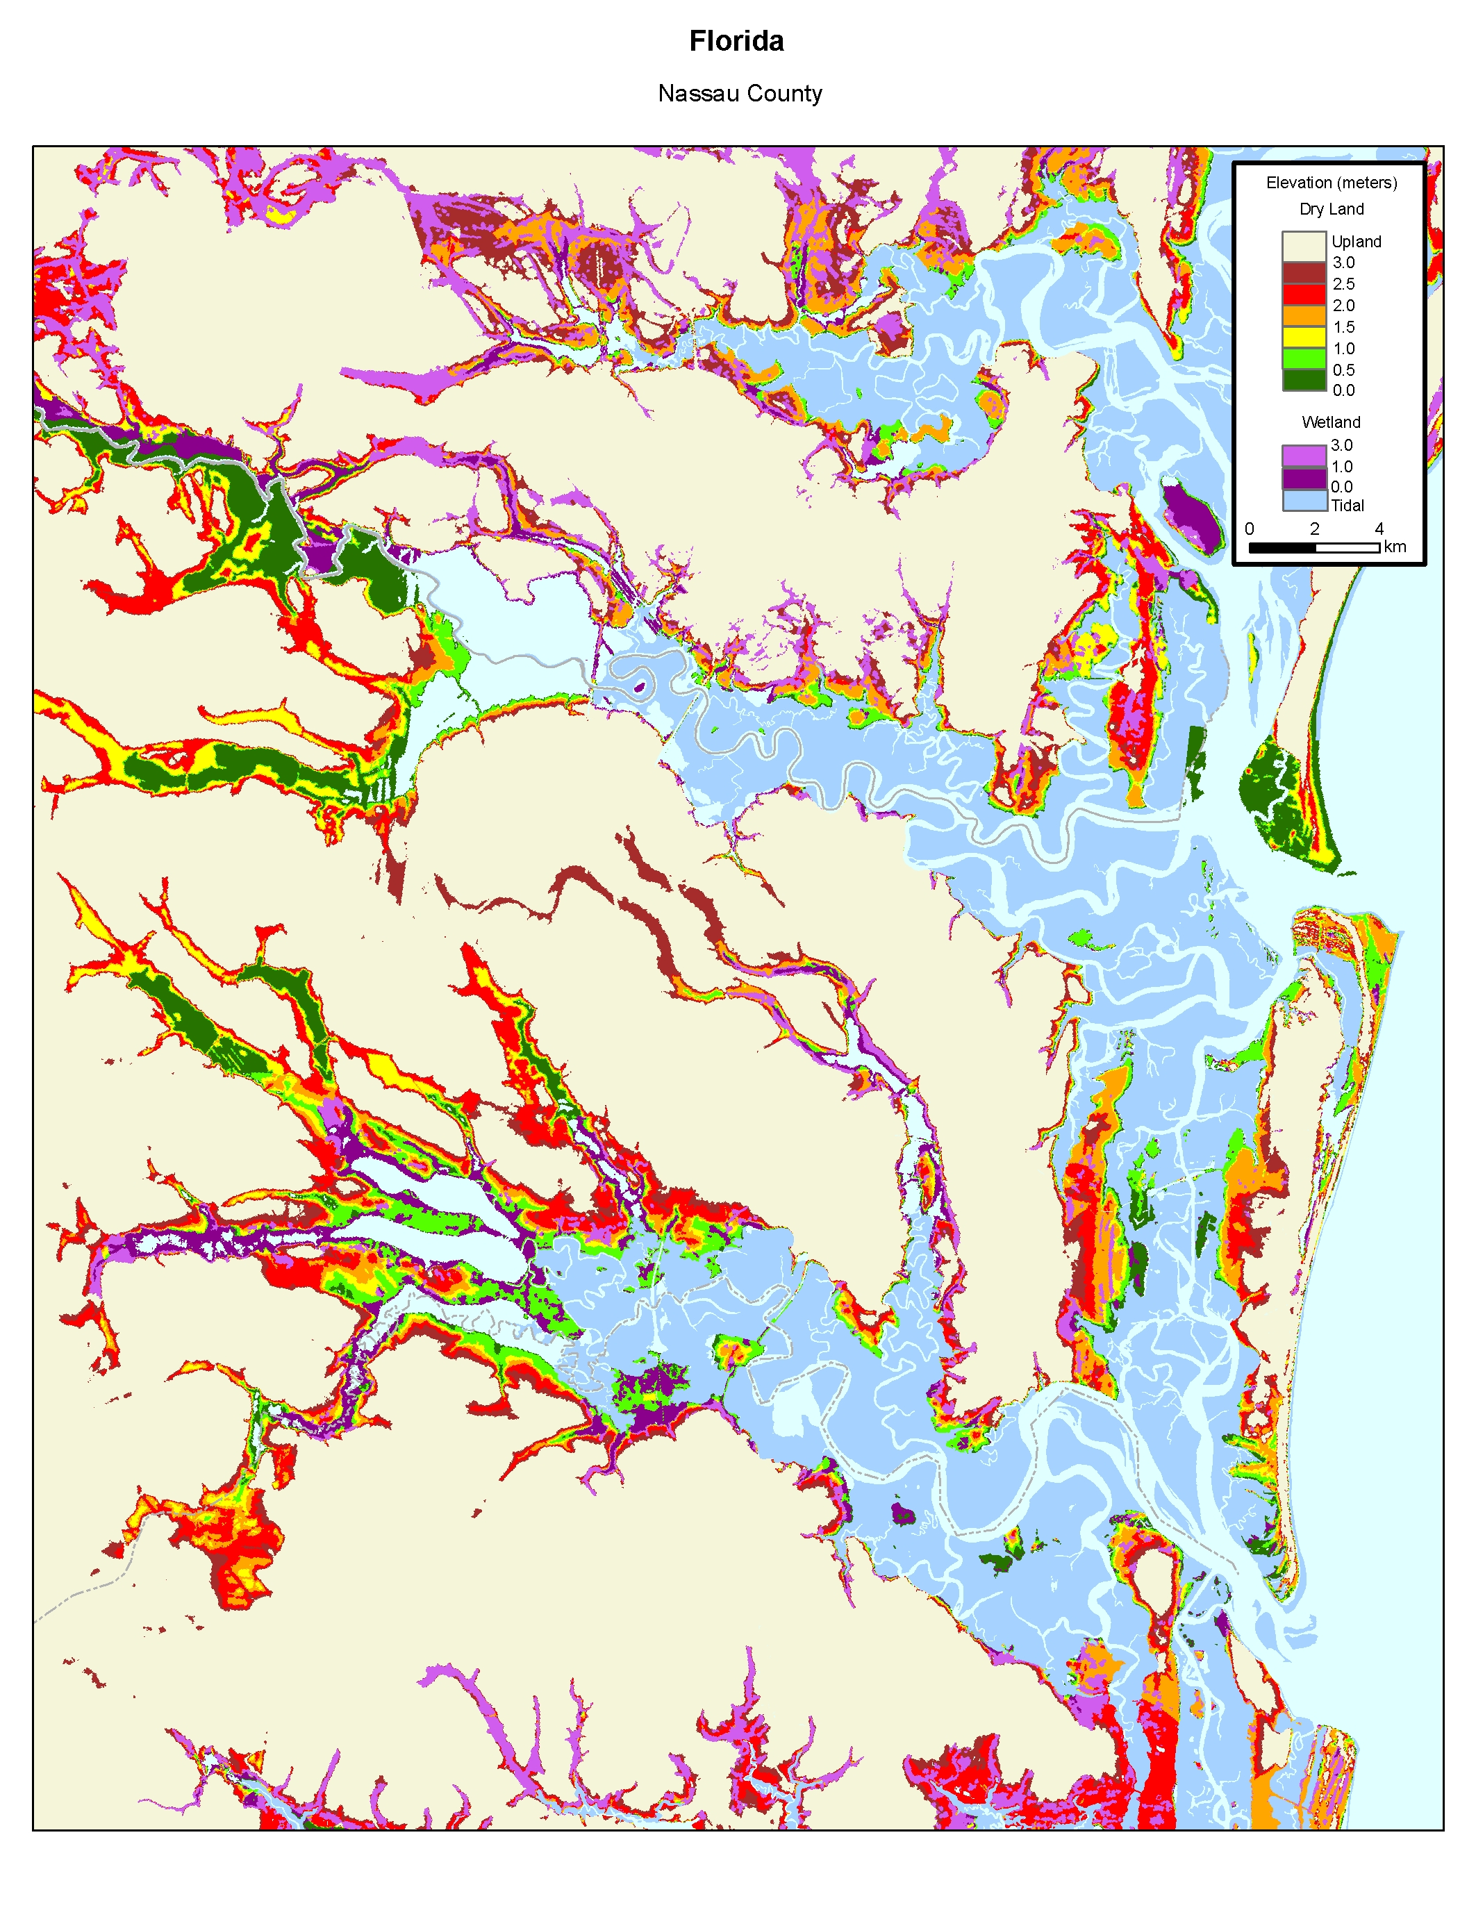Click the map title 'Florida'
click(736, 41)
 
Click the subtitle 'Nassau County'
click(740, 94)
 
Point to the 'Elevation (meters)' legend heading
click(1331, 183)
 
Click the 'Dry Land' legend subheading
click(1331, 209)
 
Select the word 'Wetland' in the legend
click(1330, 422)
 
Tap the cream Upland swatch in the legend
click(1304, 245)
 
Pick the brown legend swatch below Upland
click(1304, 272)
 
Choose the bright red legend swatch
click(1304, 294)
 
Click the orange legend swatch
click(1304, 316)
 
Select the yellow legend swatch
click(1304, 337)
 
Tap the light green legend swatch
click(1304, 358)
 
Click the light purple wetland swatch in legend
click(1304, 456)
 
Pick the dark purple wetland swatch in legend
click(1304, 479)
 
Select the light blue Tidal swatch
click(1304, 500)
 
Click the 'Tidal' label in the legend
click(1347, 506)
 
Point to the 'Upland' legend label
click(1355, 242)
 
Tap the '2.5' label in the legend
click(1343, 284)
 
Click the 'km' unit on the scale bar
click(1395, 547)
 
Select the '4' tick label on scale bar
click(1379, 529)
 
